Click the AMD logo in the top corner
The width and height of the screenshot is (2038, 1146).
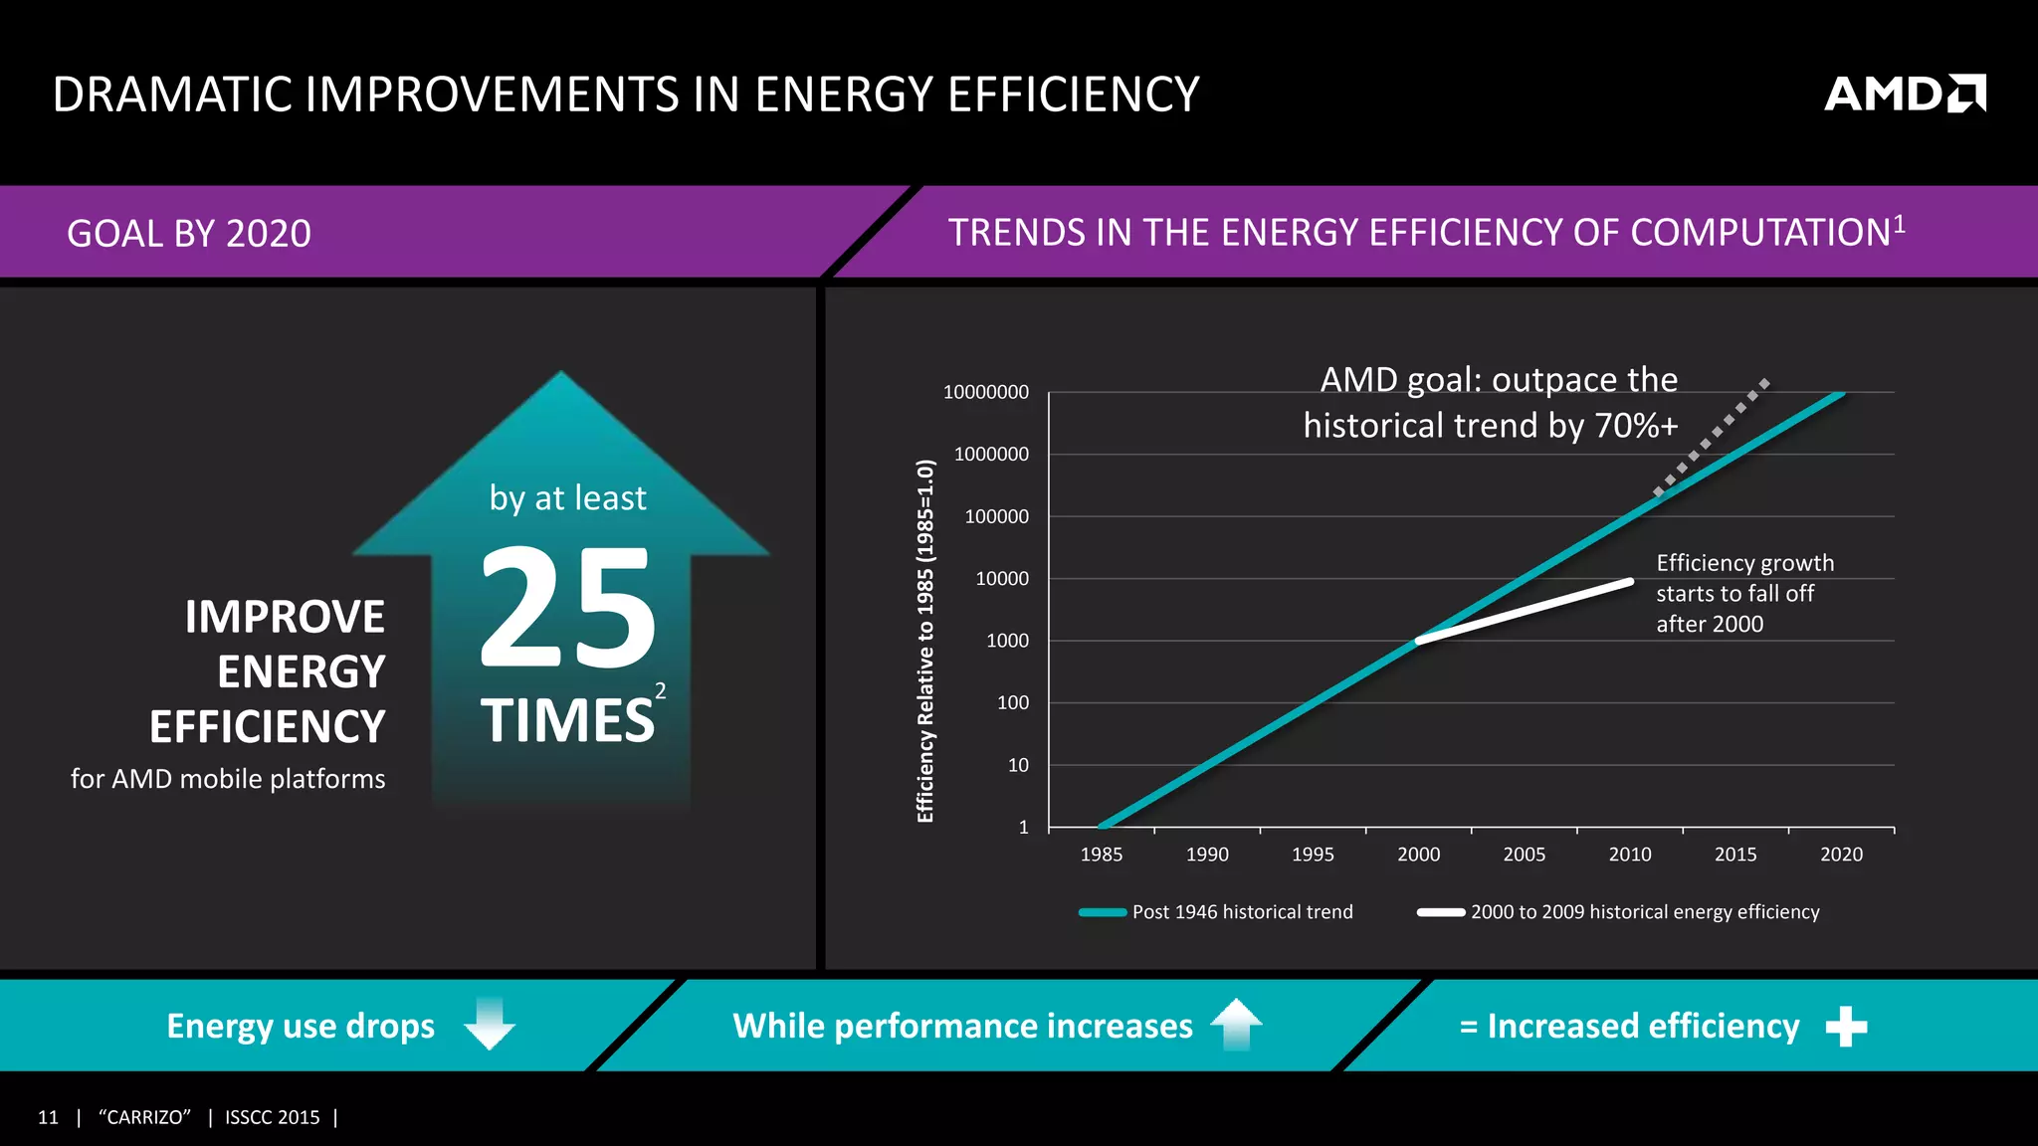pyautogui.click(x=1904, y=94)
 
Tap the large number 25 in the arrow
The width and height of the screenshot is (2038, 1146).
pyautogui.click(x=567, y=608)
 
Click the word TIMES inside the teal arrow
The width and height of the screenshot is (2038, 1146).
pyautogui.click(x=567, y=720)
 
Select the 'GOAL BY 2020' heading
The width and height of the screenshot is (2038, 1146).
pyautogui.click(x=189, y=234)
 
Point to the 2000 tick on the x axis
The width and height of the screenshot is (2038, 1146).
pyautogui.click(x=1418, y=854)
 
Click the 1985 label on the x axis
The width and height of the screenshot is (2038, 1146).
pyautogui.click(x=1101, y=854)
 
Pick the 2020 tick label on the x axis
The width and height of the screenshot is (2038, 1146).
pyautogui.click(x=1841, y=854)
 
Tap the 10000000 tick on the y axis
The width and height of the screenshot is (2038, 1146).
pyautogui.click(x=985, y=392)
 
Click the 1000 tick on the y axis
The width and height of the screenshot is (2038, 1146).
pyautogui.click(x=1007, y=641)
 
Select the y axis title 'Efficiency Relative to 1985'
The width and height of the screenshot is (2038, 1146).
pyautogui.click(x=925, y=641)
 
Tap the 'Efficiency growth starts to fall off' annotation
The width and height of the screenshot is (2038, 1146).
pyautogui.click(x=1743, y=593)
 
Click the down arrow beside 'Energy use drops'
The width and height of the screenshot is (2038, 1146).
pyautogui.click(x=490, y=1024)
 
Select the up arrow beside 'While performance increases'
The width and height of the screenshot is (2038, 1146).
pyautogui.click(x=1236, y=1024)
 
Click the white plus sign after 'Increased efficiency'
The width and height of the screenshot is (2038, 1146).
pyautogui.click(x=1846, y=1027)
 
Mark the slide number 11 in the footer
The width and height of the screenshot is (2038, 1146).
pyautogui.click(x=48, y=1117)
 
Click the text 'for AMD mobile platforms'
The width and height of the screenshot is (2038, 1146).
pyautogui.click(x=228, y=778)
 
